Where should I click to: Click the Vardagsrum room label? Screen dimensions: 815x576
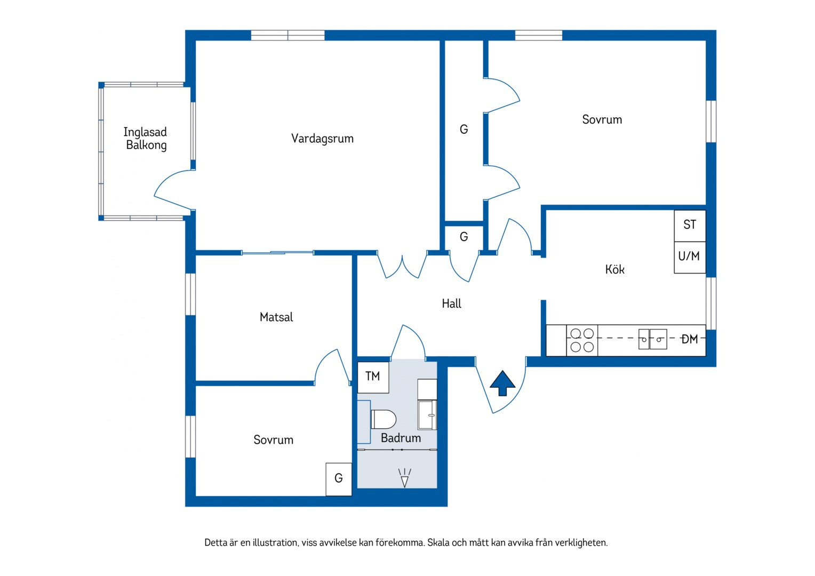coord(322,139)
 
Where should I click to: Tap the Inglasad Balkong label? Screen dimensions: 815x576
coord(146,138)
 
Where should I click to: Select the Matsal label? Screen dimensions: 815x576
coord(276,317)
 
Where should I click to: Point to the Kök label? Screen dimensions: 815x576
coord(615,269)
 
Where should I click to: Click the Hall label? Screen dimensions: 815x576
coord(452,303)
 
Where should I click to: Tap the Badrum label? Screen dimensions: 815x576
coord(401,438)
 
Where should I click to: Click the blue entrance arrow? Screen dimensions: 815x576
coord(502,383)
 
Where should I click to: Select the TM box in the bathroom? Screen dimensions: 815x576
coord(373,377)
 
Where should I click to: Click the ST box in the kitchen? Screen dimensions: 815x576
coord(690,226)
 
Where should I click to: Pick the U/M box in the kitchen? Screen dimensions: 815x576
coord(690,257)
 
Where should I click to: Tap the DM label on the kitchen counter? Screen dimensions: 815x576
coord(690,340)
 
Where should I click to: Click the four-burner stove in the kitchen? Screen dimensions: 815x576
coord(582,340)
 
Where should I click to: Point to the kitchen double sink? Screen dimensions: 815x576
coord(653,339)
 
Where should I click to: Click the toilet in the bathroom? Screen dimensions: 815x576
coord(383,419)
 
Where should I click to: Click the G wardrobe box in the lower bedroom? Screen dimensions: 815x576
coord(339,479)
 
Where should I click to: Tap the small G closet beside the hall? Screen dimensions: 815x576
coord(464,237)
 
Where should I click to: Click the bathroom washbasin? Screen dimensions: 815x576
coord(428,415)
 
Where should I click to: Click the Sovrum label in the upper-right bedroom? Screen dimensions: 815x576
coord(602,119)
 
